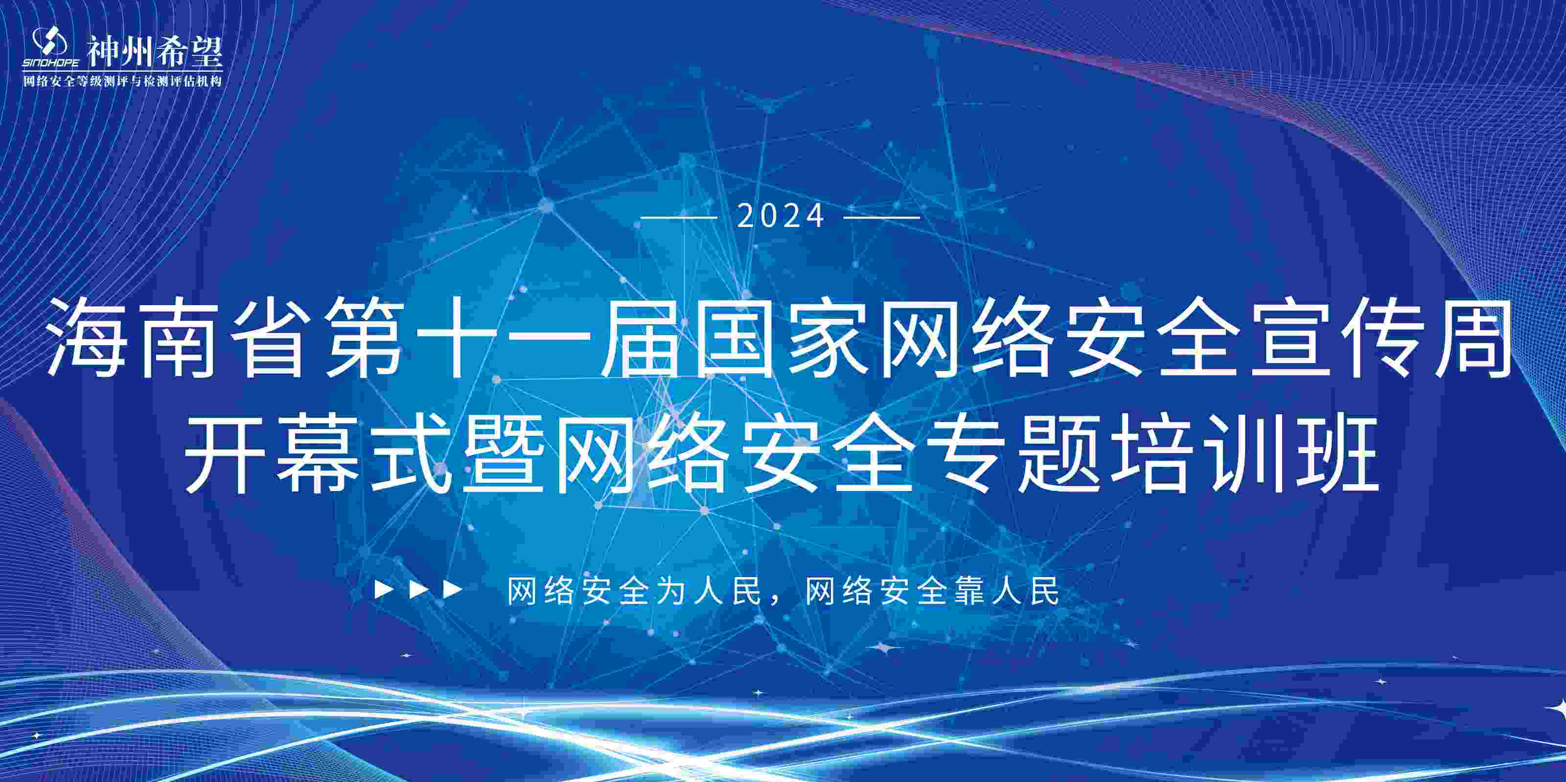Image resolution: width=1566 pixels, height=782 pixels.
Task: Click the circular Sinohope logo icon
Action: click(x=49, y=42)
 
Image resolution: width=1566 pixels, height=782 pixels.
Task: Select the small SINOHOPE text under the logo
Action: click(x=51, y=63)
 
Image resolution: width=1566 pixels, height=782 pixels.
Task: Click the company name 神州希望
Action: click(x=155, y=50)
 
